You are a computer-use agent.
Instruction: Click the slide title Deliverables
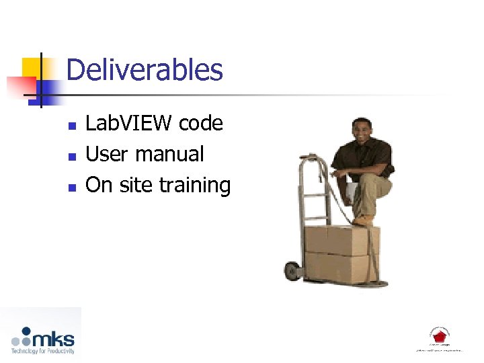click(x=145, y=70)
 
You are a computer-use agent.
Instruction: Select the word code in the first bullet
click(x=201, y=123)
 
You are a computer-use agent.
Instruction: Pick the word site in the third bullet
click(x=134, y=185)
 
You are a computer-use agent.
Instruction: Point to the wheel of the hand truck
click(x=292, y=271)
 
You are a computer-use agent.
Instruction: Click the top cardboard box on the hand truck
click(x=341, y=239)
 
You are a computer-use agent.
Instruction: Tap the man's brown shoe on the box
click(x=363, y=220)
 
